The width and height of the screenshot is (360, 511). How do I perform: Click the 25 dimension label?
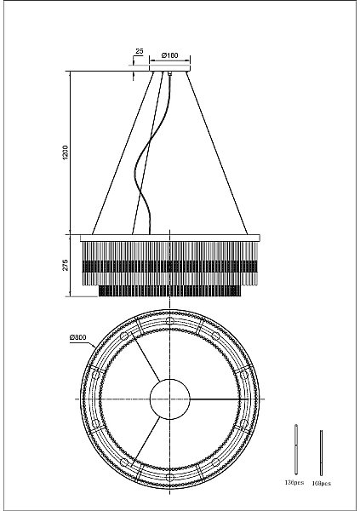[x=140, y=51]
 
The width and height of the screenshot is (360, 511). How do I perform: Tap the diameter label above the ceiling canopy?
[x=169, y=55]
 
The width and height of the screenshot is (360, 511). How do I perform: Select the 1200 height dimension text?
[x=66, y=152]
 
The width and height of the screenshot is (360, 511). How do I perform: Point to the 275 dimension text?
[x=66, y=265]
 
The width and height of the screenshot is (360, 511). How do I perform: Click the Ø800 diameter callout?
[x=77, y=337]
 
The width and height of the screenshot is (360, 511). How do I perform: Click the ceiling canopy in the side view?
[x=169, y=68]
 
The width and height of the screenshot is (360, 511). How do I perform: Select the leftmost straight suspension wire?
[x=123, y=152]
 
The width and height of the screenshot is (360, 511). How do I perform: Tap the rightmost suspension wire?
[x=217, y=152]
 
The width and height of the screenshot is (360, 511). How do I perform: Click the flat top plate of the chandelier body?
[x=170, y=238]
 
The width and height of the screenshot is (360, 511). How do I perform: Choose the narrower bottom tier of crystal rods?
[x=169, y=291]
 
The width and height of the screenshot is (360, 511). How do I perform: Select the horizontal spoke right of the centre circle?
[x=215, y=399]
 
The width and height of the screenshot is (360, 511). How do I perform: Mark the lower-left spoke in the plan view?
[x=146, y=440]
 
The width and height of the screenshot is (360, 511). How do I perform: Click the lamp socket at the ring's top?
[x=169, y=320]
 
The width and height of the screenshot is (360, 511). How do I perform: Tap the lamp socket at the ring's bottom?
[x=169, y=478]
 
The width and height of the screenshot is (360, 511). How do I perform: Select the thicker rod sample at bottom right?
[x=296, y=450]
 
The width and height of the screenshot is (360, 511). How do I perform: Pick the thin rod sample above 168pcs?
[x=321, y=453]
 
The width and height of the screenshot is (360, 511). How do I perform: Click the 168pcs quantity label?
[x=322, y=483]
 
